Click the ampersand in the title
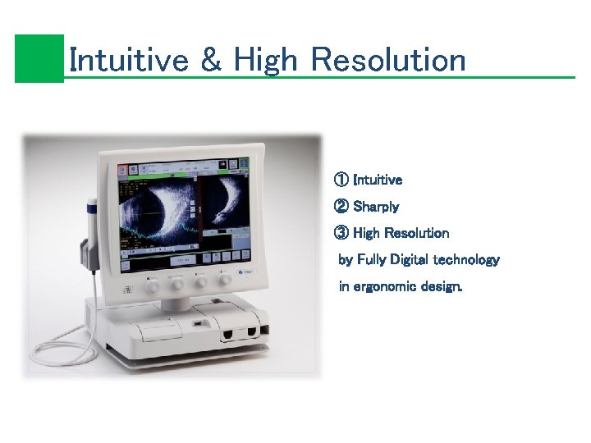pyautogui.click(x=211, y=60)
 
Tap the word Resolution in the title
pyautogui.click(x=389, y=60)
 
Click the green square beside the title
pyautogui.click(x=39, y=58)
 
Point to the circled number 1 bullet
pyautogui.click(x=341, y=179)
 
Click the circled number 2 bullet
pyautogui.click(x=341, y=206)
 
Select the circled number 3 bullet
pyautogui.click(x=341, y=233)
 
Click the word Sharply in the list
pyautogui.click(x=376, y=206)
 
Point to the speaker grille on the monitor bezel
pyautogui.click(x=128, y=290)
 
